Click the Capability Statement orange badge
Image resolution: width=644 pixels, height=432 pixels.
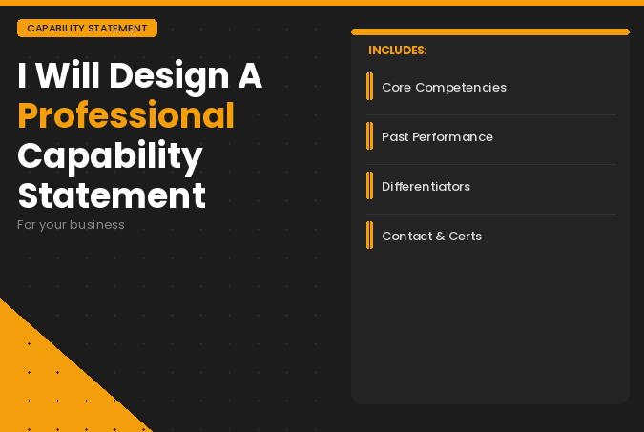tap(87, 29)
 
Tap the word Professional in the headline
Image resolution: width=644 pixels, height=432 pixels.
tap(126, 115)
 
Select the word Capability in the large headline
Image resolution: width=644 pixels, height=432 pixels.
tap(110, 155)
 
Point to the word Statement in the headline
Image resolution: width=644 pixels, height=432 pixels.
tap(112, 195)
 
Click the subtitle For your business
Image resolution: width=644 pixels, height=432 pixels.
tap(71, 225)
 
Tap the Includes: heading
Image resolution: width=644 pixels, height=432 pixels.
tap(397, 51)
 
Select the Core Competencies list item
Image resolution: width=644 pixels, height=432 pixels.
tap(444, 88)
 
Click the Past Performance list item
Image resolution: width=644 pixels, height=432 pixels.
tap(437, 137)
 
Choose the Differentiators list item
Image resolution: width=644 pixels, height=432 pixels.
tap(426, 187)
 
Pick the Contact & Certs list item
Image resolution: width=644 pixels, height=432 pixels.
tap(431, 237)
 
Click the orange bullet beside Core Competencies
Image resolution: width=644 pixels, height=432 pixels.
tap(369, 87)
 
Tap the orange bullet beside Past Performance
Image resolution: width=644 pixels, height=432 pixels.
tap(369, 136)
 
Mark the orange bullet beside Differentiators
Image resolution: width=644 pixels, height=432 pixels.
tap(369, 186)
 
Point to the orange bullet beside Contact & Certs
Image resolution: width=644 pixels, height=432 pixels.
tap(369, 236)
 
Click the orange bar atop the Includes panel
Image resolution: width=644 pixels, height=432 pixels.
tap(490, 32)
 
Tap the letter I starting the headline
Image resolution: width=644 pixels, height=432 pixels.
tap(22, 75)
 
